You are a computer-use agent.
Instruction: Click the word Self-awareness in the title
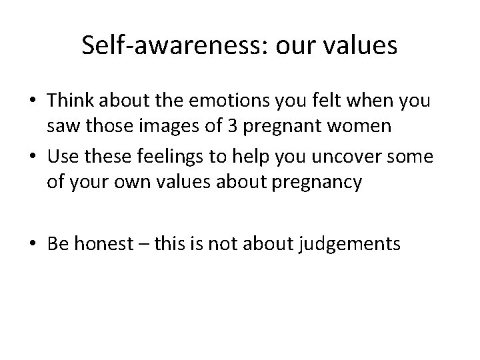click(167, 46)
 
